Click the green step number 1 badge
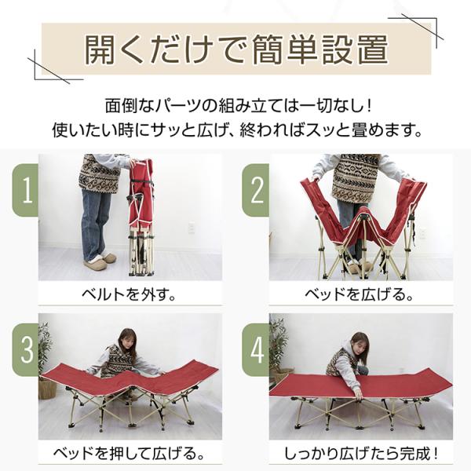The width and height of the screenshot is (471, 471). [26, 190]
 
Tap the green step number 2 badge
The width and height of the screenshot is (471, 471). [256, 190]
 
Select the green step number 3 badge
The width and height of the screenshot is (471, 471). [26, 349]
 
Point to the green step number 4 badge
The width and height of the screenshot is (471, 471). [256, 349]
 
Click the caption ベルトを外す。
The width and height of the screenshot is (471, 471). [130, 294]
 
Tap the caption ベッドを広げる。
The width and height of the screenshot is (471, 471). [360, 294]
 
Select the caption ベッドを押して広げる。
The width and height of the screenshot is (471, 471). [130, 454]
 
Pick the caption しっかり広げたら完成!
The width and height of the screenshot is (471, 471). [360, 454]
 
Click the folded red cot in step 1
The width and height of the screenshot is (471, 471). [141, 217]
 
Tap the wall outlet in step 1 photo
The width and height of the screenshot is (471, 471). [192, 228]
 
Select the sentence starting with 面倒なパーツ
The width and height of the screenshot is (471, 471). [239, 106]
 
